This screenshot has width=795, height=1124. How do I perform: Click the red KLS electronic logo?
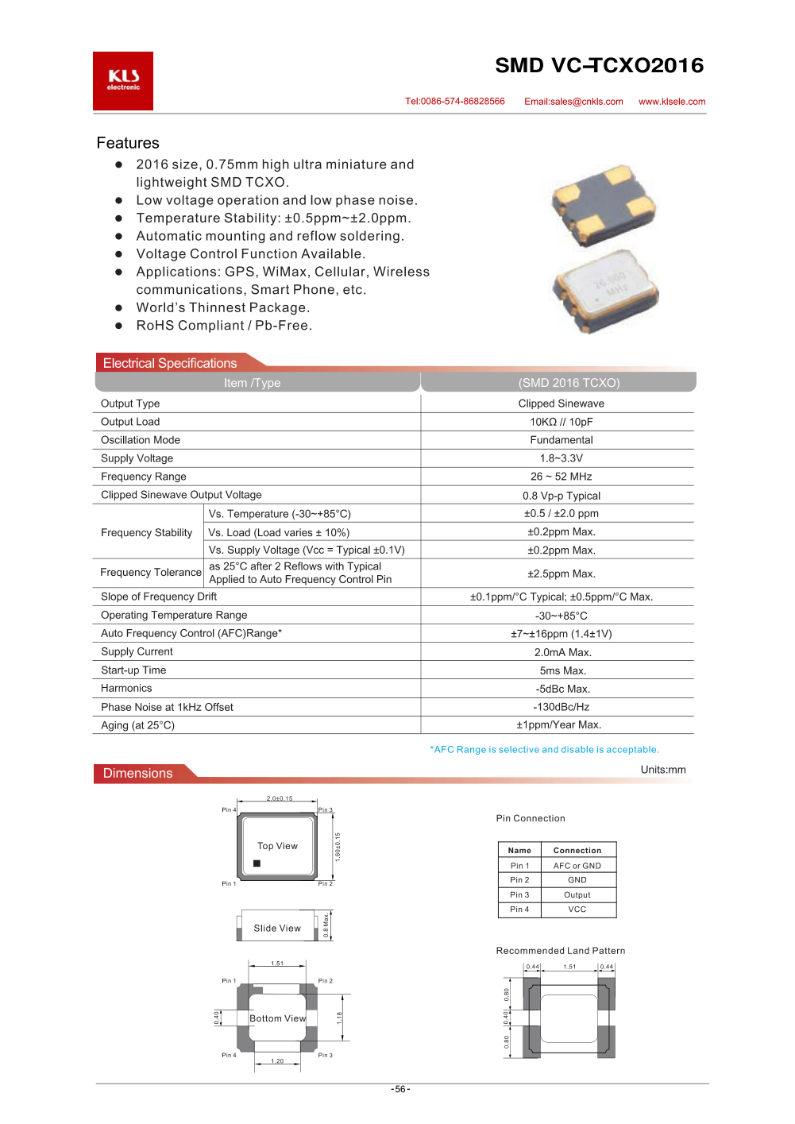click(x=123, y=80)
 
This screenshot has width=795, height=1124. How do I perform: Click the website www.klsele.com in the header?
click(x=672, y=102)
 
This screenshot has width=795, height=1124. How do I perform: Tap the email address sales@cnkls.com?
click(x=573, y=102)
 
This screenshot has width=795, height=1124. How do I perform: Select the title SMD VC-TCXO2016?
click(x=599, y=65)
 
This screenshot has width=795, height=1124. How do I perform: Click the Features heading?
click(x=128, y=143)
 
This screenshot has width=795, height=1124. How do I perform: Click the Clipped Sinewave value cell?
click(x=561, y=404)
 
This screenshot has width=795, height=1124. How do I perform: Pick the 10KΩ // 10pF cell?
click(x=561, y=422)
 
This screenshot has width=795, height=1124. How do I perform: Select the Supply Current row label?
click(x=137, y=651)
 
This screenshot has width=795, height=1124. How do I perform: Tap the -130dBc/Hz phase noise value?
click(x=561, y=707)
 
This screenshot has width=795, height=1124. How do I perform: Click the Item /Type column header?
click(x=252, y=383)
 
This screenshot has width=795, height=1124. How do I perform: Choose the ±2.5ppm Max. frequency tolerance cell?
click(x=561, y=574)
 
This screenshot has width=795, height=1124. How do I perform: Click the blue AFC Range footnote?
click(x=544, y=749)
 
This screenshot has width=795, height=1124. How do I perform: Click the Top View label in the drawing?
click(x=277, y=846)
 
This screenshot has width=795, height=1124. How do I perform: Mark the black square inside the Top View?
click(x=257, y=863)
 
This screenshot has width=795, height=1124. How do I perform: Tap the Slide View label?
click(x=277, y=928)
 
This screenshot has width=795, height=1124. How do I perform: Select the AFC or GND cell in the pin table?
click(x=577, y=866)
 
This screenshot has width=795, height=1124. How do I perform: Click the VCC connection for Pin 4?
click(x=577, y=910)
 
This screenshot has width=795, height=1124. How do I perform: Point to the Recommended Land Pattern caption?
click(x=560, y=951)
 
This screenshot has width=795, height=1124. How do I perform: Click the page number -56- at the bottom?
click(x=400, y=1089)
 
